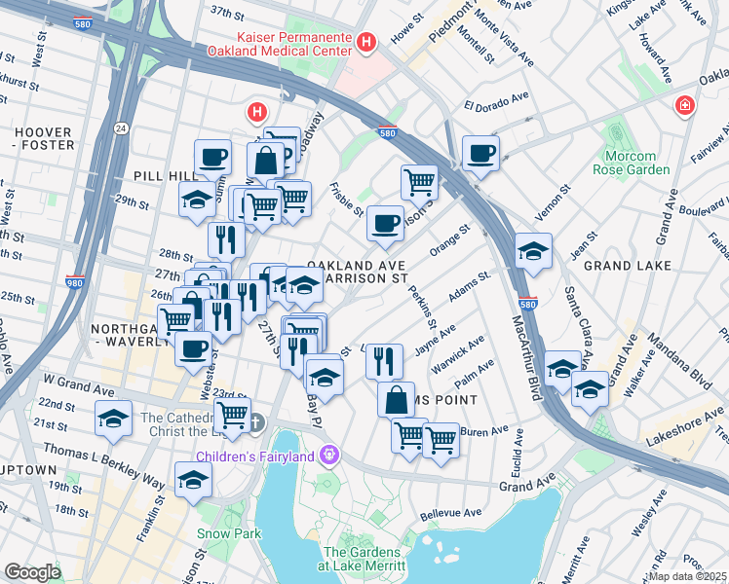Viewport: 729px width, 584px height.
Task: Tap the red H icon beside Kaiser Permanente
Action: (366, 42)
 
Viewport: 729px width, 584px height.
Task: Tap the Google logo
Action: (32, 571)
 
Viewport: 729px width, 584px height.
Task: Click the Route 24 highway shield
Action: (119, 128)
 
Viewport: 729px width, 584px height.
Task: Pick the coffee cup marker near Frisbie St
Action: (385, 226)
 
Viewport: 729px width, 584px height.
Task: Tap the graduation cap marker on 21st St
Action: (114, 420)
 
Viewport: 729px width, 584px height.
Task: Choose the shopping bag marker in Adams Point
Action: (397, 400)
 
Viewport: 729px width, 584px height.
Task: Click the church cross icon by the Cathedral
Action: (255, 421)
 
